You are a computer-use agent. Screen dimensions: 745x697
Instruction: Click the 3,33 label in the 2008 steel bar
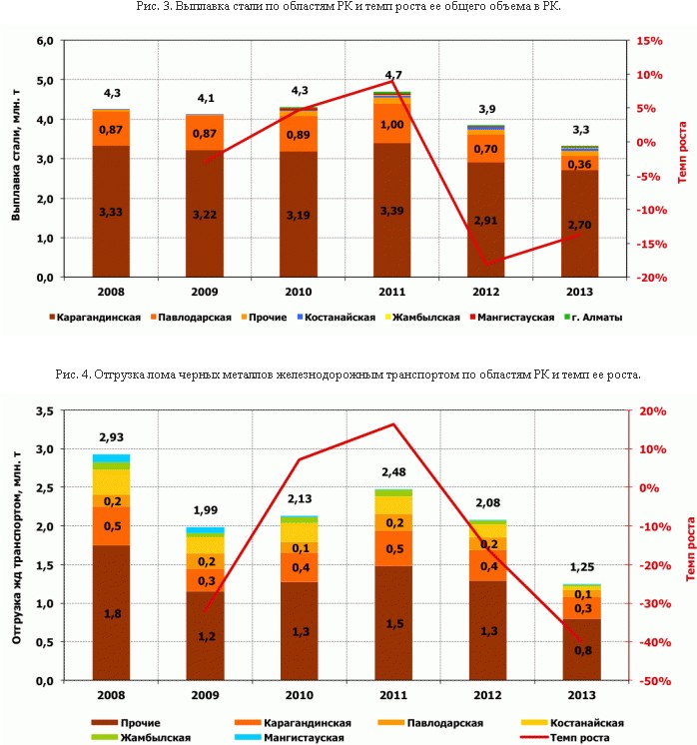tap(112, 212)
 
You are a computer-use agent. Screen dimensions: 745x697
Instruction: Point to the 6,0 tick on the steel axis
tap(44, 41)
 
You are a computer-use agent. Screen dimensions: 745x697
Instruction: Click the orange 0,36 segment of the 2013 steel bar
tap(580, 164)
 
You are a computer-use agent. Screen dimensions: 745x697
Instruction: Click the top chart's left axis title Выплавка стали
tap(17, 160)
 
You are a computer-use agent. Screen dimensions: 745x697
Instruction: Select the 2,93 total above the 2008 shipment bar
tap(112, 437)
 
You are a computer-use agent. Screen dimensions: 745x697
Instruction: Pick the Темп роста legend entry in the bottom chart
tap(578, 738)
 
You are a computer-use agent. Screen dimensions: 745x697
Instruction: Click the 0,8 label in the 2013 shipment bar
tap(580, 650)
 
